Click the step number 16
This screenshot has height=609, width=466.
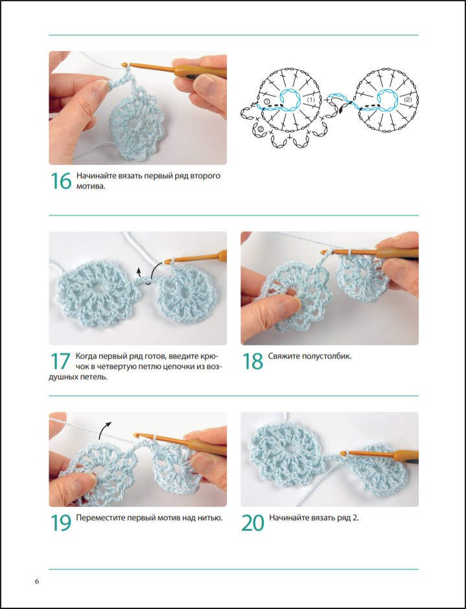[x=61, y=181]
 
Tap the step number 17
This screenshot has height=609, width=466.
[x=60, y=361]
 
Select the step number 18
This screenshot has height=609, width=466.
[x=253, y=361]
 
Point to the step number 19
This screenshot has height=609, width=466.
[x=61, y=523]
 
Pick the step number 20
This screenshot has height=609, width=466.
[x=253, y=523]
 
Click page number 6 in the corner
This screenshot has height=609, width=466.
[x=37, y=582]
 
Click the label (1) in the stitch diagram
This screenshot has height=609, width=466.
[x=310, y=100]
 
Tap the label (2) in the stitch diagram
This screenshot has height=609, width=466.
[x=407, y=100]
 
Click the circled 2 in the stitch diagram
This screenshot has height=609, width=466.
[x=261, y=129]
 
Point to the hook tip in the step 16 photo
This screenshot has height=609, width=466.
[x=124, y=65]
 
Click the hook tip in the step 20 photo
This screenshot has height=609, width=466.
[x=343, y=453]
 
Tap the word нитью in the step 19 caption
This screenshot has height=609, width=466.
[x=210, y=518]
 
